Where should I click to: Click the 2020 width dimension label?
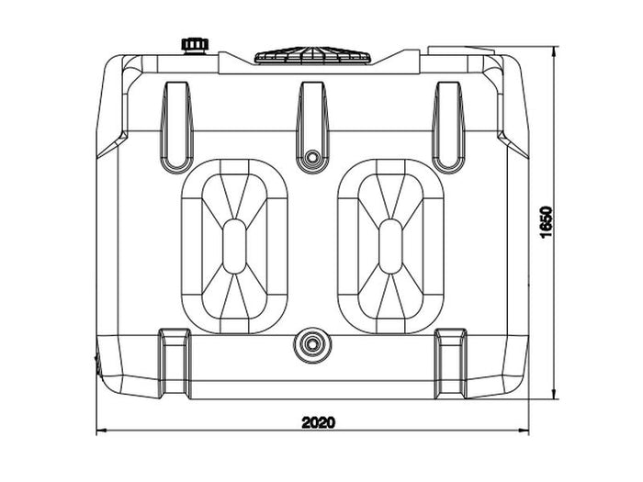[x=318, y=422]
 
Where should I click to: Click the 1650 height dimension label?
[x=547, y=222]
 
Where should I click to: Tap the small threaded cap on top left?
[x=195, y=46]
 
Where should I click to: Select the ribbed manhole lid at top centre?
[x=313, y=55]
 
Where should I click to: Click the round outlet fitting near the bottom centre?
[x=312, y=344]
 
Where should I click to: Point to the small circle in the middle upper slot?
[x=313, y=157]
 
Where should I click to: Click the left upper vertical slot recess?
[x=176, y=127]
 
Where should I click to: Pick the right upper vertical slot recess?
[x=449, y=127]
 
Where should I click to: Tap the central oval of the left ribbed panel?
[x=234, y=246]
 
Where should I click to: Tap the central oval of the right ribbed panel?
[x=390, y=246]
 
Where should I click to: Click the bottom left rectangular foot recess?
[x=175, y=364]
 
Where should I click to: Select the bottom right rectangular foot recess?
[x=451, y=364]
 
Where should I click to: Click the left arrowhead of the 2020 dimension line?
[x=101, y=431]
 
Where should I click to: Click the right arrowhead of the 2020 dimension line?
[x=524, y=431]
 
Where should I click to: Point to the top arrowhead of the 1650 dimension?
[x=555, y=51]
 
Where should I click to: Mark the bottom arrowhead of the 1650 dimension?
[x=555, y=394]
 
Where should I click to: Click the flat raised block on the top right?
[x=461, y=50]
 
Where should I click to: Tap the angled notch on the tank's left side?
[x=112, y=144]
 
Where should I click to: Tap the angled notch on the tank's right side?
[x=513, y=144]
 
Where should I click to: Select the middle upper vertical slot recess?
[x=313, y=127]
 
